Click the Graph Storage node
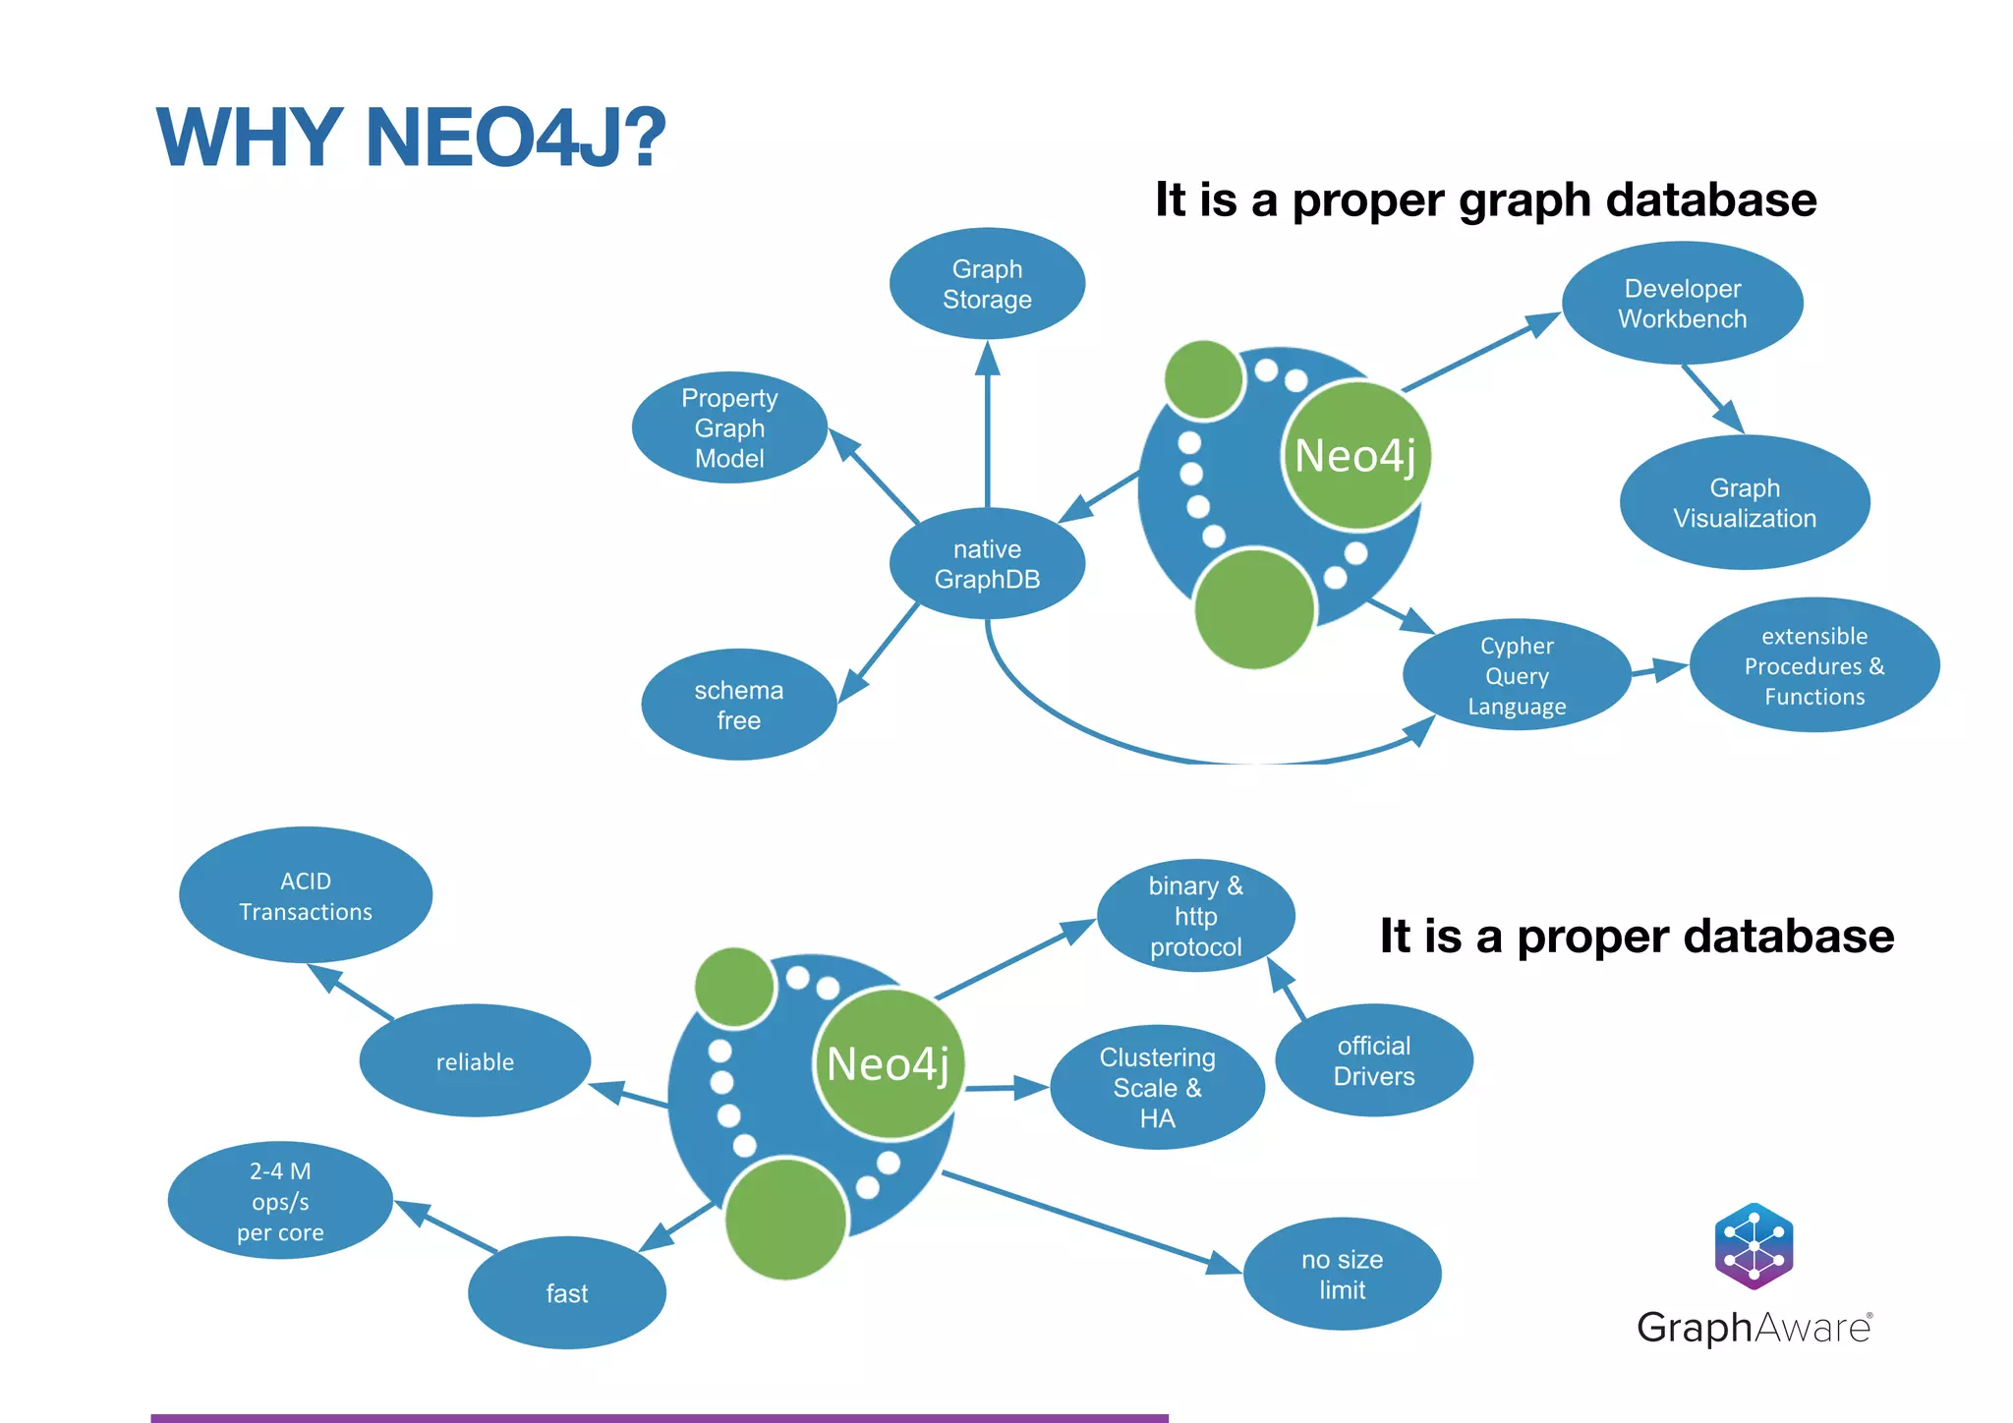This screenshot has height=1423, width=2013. pyautogui.click(x=987, y=284)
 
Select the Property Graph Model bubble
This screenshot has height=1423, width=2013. pyautogui.click(x=729, y=427)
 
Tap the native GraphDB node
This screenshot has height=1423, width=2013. pyautogui.click(x=987, y=564)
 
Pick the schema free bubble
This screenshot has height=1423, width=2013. pyautogui.click(x=738, y=705)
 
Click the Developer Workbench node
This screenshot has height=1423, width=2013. pyautogui.click(x=1682, y=304)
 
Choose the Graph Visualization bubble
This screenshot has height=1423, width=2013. pyautogui.click(x=1744, y=503)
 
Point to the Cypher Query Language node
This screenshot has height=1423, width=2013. pyautogui.click(x=1517, y=676)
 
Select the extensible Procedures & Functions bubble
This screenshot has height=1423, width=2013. pyautogui.click(x=1813, y=666)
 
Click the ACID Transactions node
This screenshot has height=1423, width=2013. pyautogui.click(x=305, y=895)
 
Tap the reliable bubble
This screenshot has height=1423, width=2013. pyautogui.click(x=475, y=1061)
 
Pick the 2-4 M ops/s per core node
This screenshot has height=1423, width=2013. pyautogui.click(x=280, y=1201)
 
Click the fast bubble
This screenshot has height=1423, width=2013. pyautogui.click(x=567, y=1293)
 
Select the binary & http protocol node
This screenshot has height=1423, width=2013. pyautogui.click(x=1195, y=916)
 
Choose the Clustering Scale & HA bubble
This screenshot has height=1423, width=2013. pyautogui.click(x=1157, y=1088)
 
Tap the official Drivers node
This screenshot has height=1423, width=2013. pyautogui.click(x=1373, y=1061)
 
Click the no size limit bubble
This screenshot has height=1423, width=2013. pyautogui.click(x=1342, y=1275)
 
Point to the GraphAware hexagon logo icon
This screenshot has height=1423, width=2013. pyautogui.click(x=1754, y=1246)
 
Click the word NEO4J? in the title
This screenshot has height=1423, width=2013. pyautogui.click(x=515, y=138)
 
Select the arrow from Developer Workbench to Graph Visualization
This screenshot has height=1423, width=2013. pyautogui.click(x=1712, y=399)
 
